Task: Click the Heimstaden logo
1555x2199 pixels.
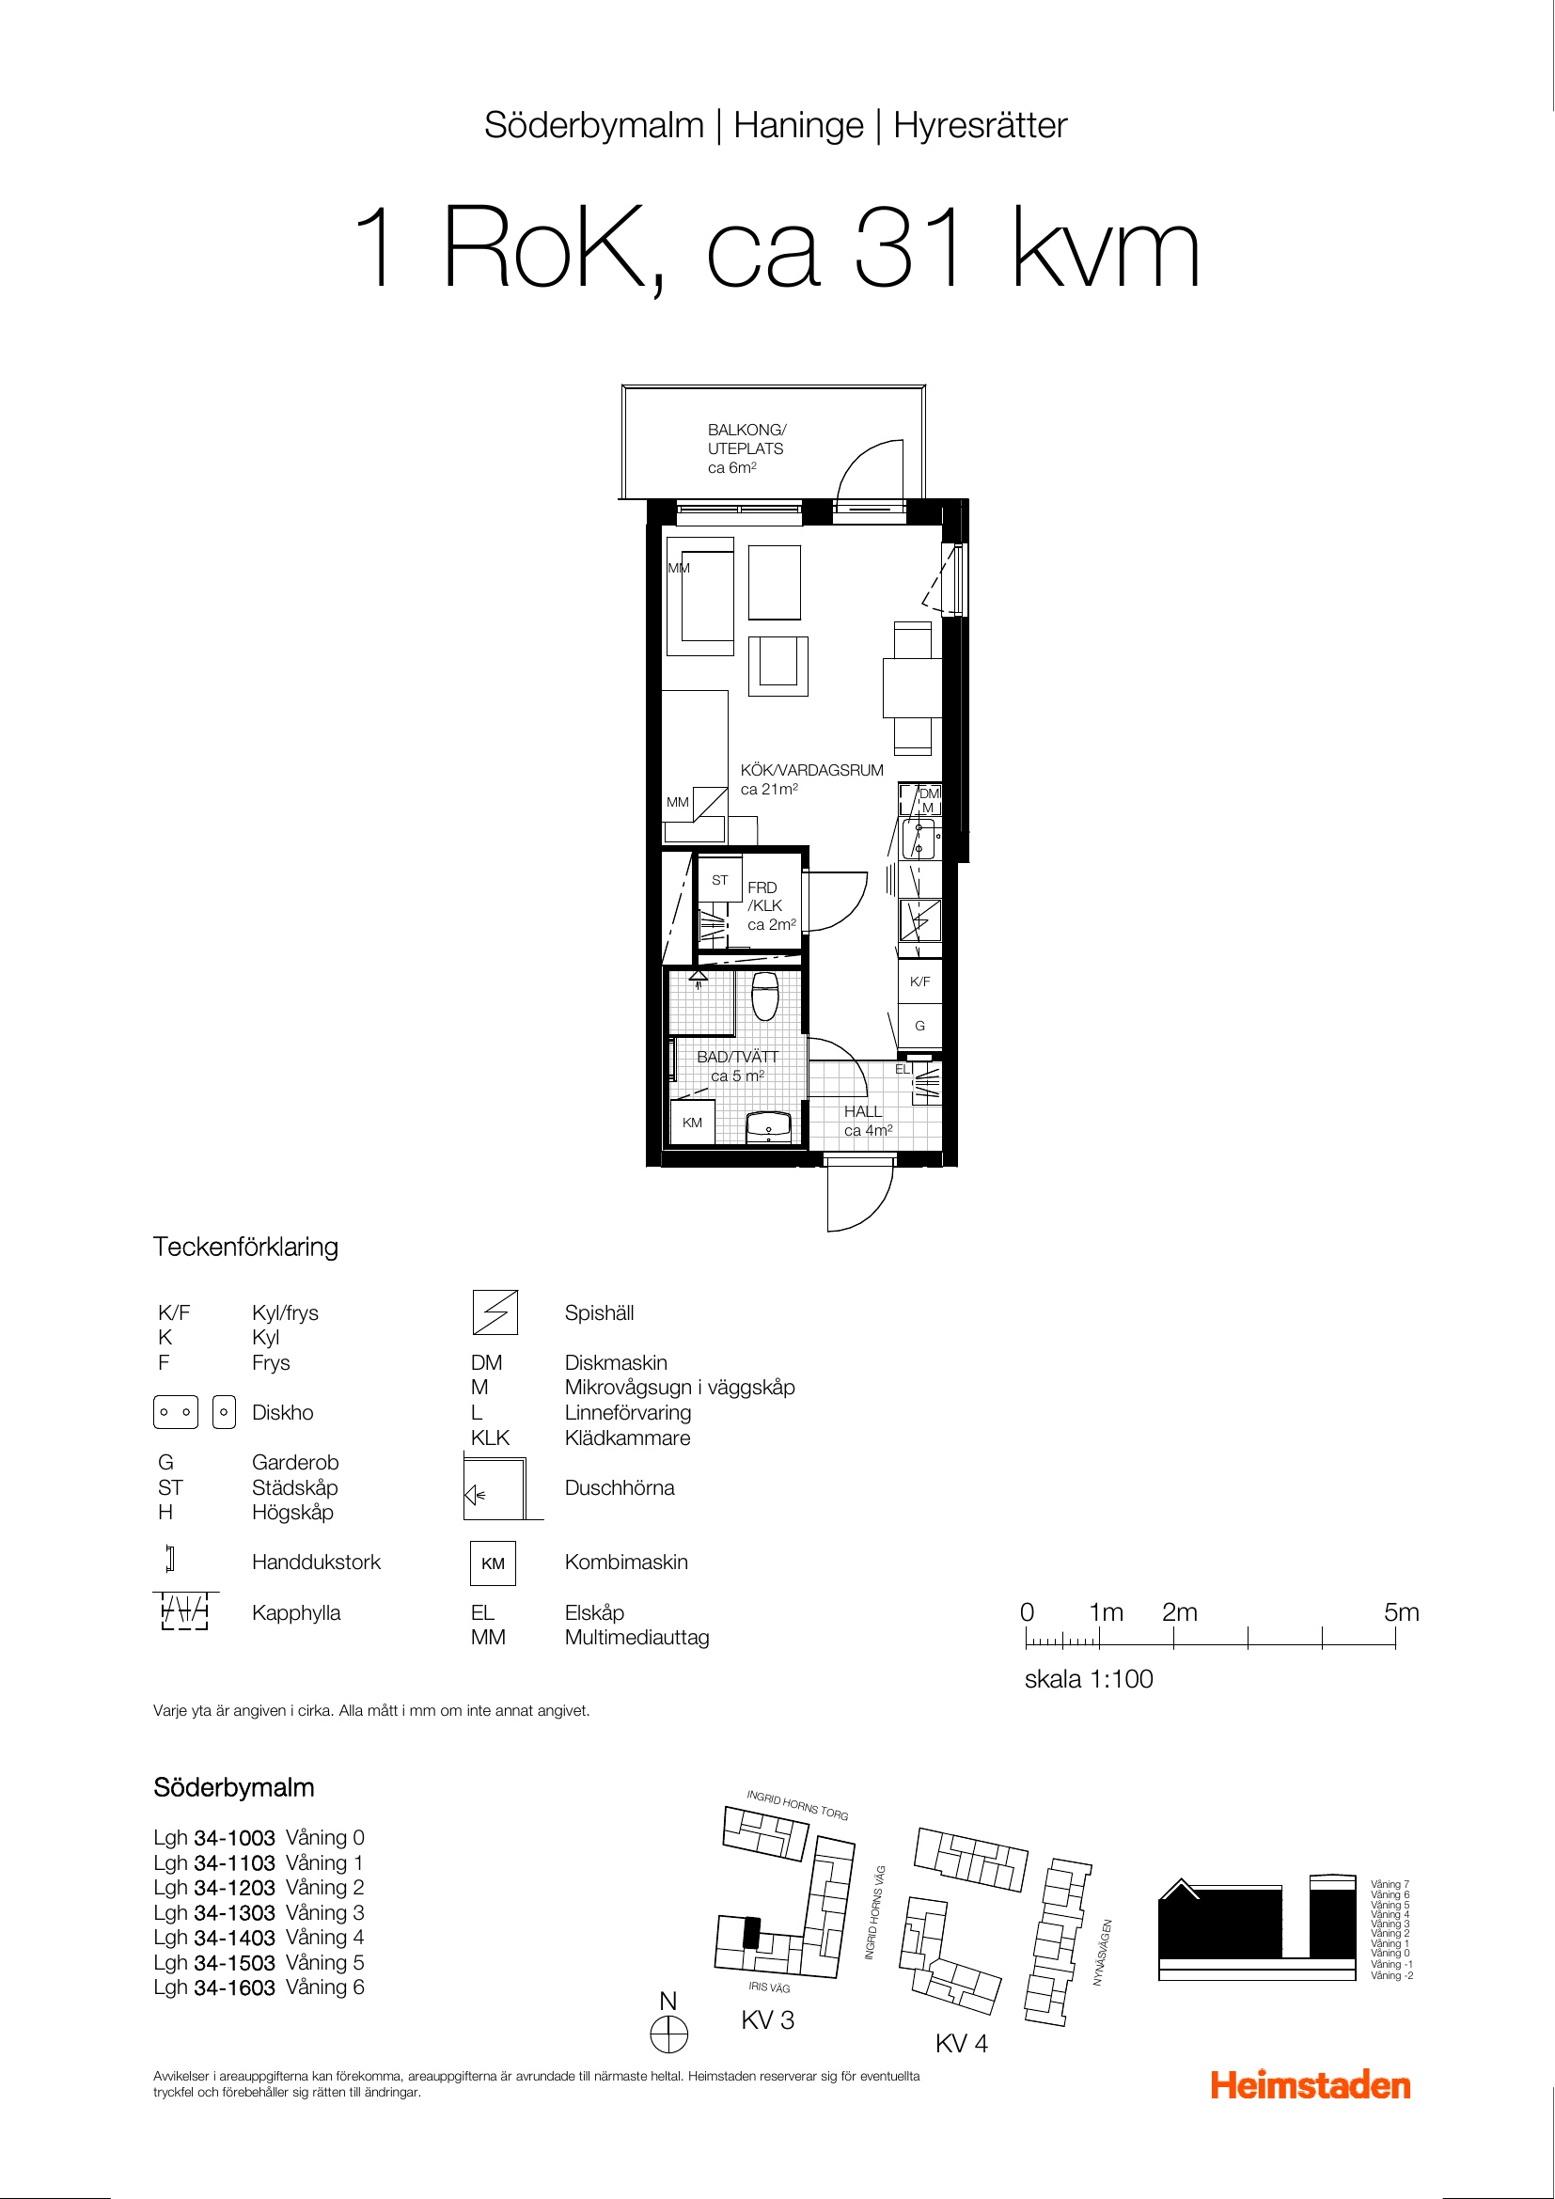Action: click(x=1310, y=2085)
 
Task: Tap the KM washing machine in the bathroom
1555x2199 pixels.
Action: click(x=692, y=1122)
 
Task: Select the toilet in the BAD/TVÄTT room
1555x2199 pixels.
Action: click(x=765, y=996)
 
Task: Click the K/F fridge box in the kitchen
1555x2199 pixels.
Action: click(x=920, y=981)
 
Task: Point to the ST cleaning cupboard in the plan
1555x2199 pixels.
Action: click(x=720, y=880)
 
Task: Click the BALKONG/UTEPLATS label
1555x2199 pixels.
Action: click(x=746, y=448)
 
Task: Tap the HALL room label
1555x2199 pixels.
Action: click(x=863, y=1111)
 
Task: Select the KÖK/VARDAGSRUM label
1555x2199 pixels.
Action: click(x=812, y=770)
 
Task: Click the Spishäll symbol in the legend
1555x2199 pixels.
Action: click(x=495, y=1313)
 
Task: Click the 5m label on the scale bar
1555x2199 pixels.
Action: click(x=1401, y=1613)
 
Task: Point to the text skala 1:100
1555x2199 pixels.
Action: click(x=1089, y=1679)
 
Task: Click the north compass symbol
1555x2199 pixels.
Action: click(x=669, y=2034)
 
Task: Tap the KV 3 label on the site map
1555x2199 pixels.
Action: click(x=768, y=2019)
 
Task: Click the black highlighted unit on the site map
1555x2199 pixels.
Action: click(x=752, y=1933)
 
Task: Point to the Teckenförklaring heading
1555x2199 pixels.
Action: click(x=246, y=1247)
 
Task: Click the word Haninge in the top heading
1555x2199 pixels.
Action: click(x=798, y=125)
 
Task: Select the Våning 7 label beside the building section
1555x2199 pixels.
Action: click(x=1390, y=1885)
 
